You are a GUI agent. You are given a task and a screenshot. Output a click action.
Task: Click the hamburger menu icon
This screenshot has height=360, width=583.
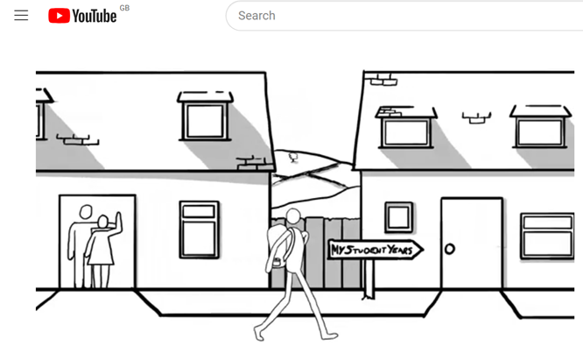coord(21,15)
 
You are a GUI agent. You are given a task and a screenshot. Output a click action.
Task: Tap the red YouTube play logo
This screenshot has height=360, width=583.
coord(60,16)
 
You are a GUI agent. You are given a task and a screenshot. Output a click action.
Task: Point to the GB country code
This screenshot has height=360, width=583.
coord(124,8)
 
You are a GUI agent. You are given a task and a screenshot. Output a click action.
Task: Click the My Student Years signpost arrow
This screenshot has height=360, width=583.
coord(376,250)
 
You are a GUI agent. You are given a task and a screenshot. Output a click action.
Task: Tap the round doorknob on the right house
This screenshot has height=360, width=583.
coord(450,249)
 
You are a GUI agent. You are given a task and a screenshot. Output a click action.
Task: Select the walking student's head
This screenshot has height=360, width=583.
coord(293,216)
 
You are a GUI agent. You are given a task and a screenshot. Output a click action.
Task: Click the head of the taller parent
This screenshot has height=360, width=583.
coord(86,212)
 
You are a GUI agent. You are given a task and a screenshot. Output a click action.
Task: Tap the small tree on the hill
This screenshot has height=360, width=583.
coord(293,158)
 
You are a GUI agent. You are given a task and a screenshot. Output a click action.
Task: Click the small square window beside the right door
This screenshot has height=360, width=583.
coord(398,217)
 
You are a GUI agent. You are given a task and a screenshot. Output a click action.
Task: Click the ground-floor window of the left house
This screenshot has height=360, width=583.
coord(199,229)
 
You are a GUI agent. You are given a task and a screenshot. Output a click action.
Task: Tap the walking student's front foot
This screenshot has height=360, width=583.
coord(329,336)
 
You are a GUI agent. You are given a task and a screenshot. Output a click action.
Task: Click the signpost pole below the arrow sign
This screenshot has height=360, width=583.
coord(369,279)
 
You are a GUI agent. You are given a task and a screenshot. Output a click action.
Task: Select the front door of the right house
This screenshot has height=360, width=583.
coord(472,244)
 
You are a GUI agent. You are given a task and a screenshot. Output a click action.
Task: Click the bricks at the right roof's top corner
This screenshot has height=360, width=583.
coord(382,79)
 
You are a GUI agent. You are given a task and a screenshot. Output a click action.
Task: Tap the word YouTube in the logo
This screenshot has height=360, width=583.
coord(95,16)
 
